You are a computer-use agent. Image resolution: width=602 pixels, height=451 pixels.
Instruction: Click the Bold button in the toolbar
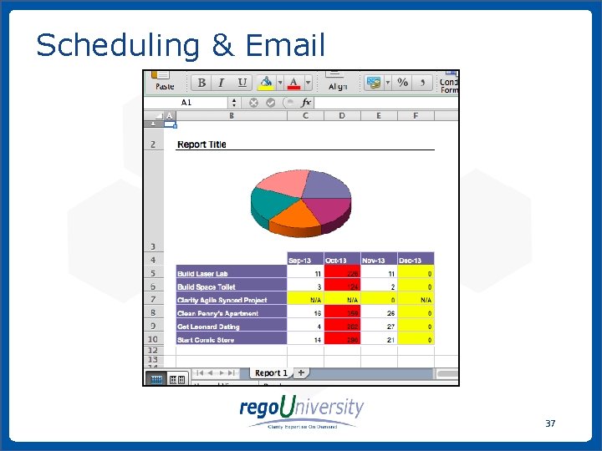coord(201,83)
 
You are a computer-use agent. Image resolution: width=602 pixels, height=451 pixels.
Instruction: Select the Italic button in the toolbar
coord(222,83)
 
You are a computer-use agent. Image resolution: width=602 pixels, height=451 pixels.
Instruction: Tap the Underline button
coord(242,83)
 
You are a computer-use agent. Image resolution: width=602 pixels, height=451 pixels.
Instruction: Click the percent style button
coord(402,83)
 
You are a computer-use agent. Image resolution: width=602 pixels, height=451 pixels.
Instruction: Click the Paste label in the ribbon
coord(165,86)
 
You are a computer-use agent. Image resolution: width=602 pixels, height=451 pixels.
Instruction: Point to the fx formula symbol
coord(306,103)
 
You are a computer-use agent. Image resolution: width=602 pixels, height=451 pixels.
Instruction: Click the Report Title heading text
coord(202,144)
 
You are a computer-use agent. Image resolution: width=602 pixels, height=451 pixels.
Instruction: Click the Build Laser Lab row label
coord(202,273)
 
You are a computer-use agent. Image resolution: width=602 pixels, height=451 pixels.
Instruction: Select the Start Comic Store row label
coord(207,340)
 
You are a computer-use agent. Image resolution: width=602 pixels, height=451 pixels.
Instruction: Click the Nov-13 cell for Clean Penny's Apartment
coord(379,313)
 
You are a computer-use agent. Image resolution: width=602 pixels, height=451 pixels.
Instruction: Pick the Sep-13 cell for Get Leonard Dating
coord(305,327)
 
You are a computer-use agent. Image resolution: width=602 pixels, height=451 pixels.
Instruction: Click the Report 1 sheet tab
coord(271,372)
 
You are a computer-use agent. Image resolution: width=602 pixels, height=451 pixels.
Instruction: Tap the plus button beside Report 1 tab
coord(300,372)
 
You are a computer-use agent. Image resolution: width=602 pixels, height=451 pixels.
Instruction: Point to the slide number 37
coord(550,423)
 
